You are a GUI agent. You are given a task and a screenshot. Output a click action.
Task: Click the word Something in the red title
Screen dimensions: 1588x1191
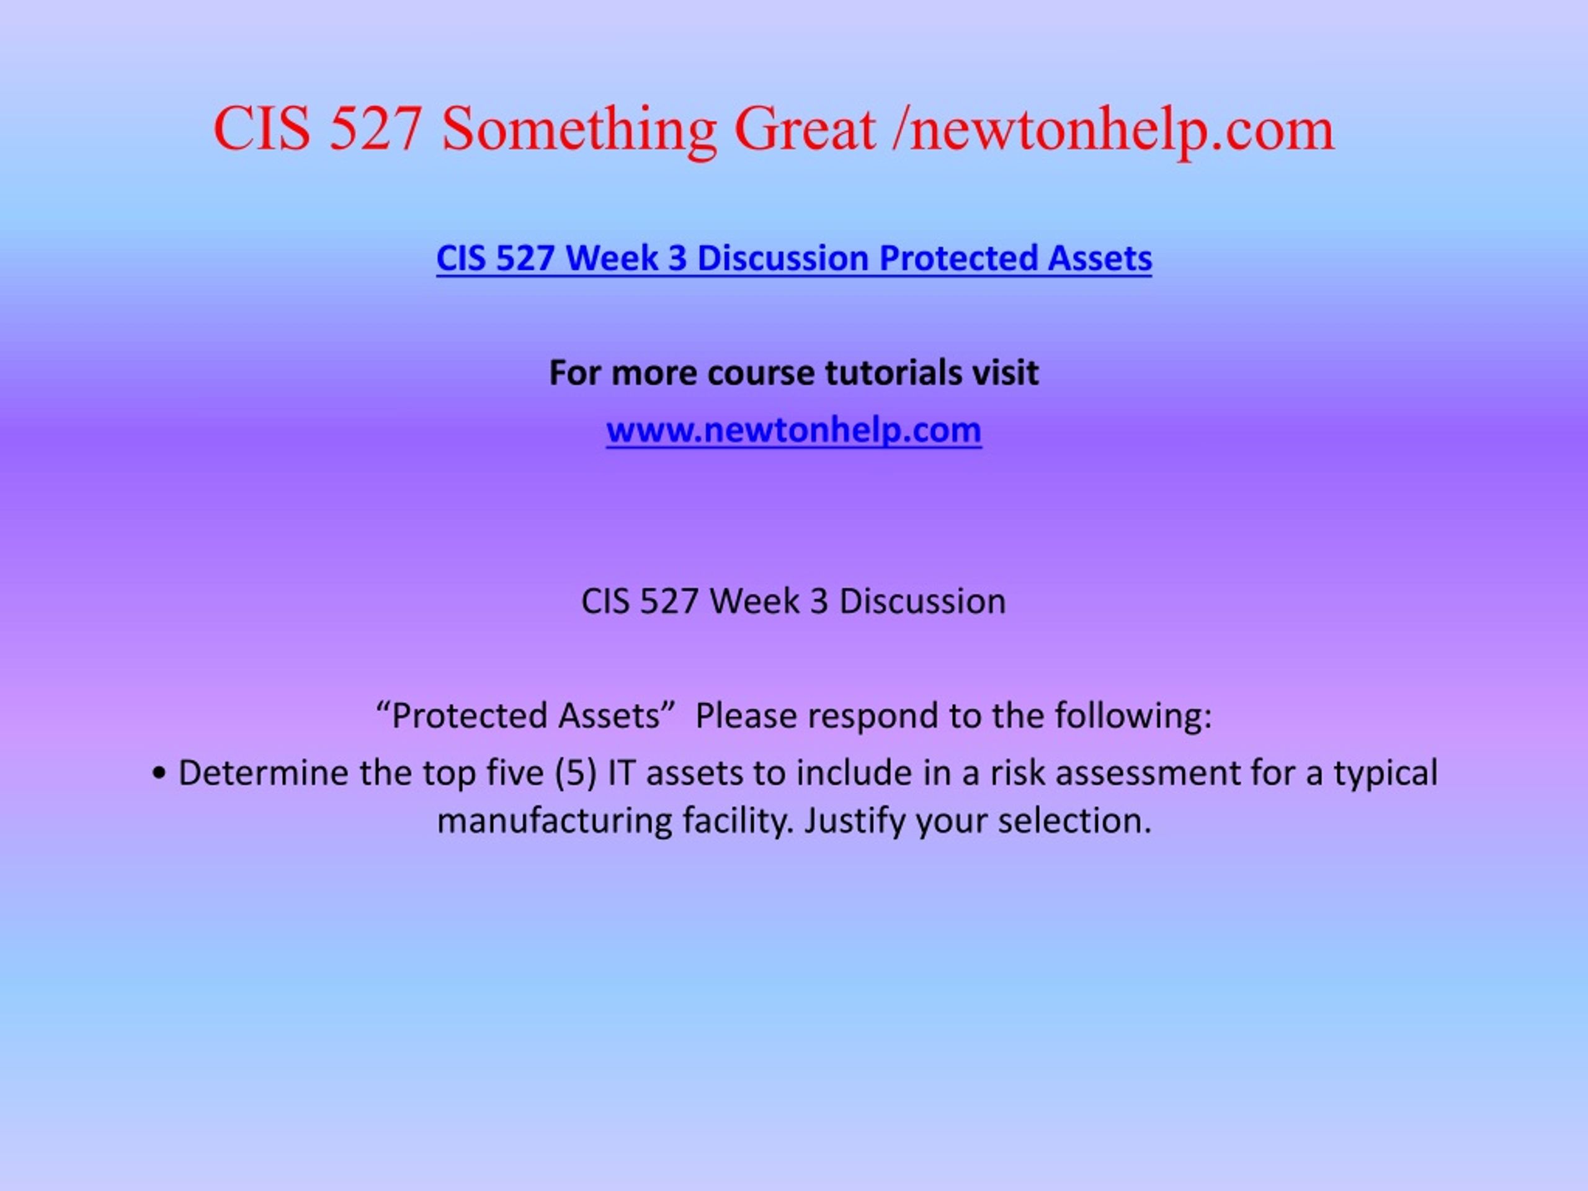[x=579, y=130]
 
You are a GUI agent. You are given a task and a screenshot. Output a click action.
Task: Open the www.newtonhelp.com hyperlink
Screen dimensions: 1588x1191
[x=794, y=430]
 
